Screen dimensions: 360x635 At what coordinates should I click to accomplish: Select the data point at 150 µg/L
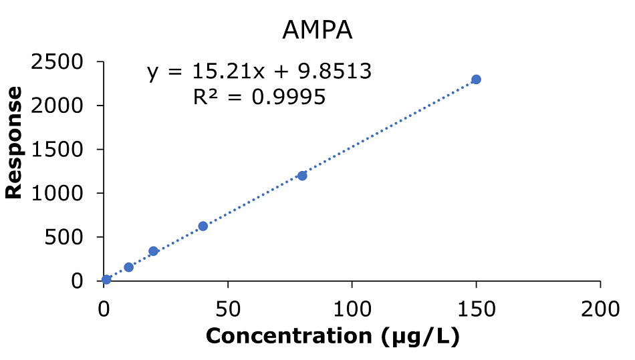click(476, 79)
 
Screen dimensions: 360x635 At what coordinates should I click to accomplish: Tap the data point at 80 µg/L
click(302, 176)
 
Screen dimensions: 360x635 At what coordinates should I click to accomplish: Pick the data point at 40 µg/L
click(203, 226)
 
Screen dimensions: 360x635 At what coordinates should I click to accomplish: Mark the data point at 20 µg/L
click(153, 251)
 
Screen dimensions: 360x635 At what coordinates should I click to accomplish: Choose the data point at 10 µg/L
click(129, 267)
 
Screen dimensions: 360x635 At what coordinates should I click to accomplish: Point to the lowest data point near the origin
click(106, 279)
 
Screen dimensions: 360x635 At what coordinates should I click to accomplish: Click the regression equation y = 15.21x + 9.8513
click(259, 71)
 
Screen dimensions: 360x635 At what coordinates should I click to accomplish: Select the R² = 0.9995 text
click(259, 98)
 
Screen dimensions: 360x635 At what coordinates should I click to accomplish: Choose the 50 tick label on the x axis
click(228, 309)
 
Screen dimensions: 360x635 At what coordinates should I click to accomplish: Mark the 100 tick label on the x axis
click(352, 309)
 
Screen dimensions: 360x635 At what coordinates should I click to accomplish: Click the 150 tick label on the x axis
click(476, 309)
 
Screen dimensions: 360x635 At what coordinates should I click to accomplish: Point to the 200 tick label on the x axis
click(600, 309)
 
